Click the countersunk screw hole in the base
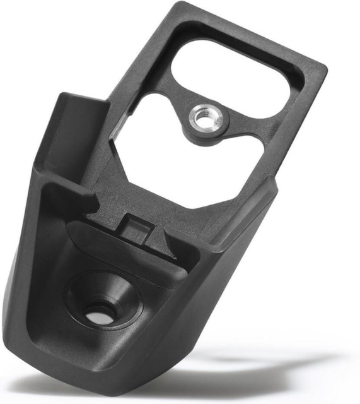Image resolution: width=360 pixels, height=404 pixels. [99, 310]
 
